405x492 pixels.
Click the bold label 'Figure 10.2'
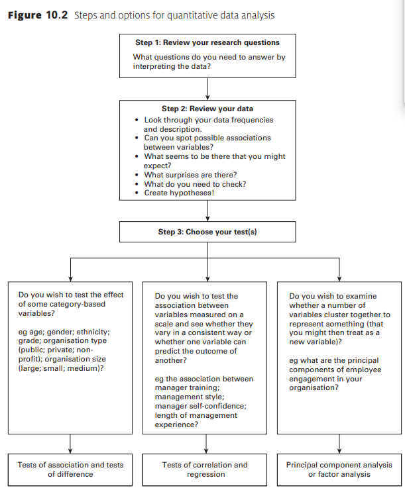tap(38, 15)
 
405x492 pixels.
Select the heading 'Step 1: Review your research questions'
tap(207, 43)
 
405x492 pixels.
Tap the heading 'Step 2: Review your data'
tap(207, 109)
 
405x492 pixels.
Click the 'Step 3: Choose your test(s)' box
tap(207, 232)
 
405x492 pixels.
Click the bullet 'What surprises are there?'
tap(186, 175)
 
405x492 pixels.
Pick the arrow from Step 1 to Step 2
tap(208, 87)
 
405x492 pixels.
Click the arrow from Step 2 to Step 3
tap(208, 210)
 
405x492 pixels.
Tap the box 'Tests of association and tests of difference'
tap(70, 469)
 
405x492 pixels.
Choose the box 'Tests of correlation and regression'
tap(205, 469)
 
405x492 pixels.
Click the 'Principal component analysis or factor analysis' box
tap(339, 469)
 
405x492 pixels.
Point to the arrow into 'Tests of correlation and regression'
tap(208, 443)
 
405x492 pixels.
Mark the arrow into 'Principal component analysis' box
tap(339, 443)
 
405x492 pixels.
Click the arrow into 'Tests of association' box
tap(70, 443)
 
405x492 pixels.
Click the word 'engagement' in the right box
tap(311, 379)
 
